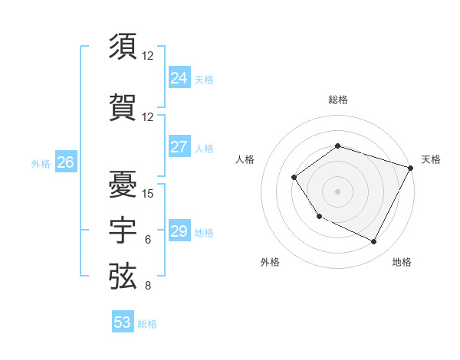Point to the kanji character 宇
[x=123, y=230]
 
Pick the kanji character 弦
[x=123, y=277]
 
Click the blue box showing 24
[x=179, y=78]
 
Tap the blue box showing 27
[x=179, y=147]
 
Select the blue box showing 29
[x=179, y=231]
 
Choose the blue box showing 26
[x=65, y=162]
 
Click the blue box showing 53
[x=123, y=322]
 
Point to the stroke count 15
[x=148, y=193]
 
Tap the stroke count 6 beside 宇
[x=148, y=240]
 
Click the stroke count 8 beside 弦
[x=148, y=286]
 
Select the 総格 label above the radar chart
[x=337, y=100]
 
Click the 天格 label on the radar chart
[x=431, y=159]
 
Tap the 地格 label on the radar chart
[x=402, y=262]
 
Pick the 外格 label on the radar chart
[x=270, y=262]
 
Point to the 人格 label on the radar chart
[x=245, y=159]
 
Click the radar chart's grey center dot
[x=337, y=191]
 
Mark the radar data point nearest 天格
[x=411, y=167]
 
